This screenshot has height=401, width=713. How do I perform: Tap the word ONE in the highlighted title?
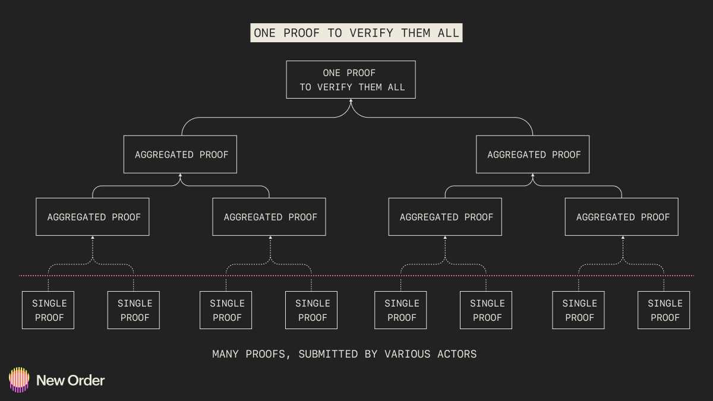point(264,33)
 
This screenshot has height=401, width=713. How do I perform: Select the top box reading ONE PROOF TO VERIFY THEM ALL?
point(351,80)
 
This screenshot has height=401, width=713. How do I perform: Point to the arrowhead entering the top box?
point(351,102)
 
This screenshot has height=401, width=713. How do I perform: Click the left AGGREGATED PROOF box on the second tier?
point(180,154)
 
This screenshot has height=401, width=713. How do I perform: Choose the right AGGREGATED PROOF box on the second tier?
point(532,154)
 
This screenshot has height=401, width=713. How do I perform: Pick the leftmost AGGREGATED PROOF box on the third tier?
point(93,217)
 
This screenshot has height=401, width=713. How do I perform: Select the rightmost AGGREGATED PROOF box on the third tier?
point(621,217)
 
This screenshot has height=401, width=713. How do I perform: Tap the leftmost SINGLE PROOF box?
point(48,310)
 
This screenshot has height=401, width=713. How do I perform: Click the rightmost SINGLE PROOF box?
point(664,310)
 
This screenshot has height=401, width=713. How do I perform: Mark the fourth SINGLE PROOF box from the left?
point(311,310)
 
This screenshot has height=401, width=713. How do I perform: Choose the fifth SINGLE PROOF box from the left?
point(400,310)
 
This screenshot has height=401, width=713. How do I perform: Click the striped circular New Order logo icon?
point(19,380)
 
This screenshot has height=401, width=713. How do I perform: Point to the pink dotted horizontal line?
point(356,276)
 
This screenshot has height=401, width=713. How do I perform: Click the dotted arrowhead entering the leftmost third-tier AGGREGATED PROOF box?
point(93,238)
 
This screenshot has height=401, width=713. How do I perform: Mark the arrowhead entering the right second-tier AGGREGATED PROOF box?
point(532,176)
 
